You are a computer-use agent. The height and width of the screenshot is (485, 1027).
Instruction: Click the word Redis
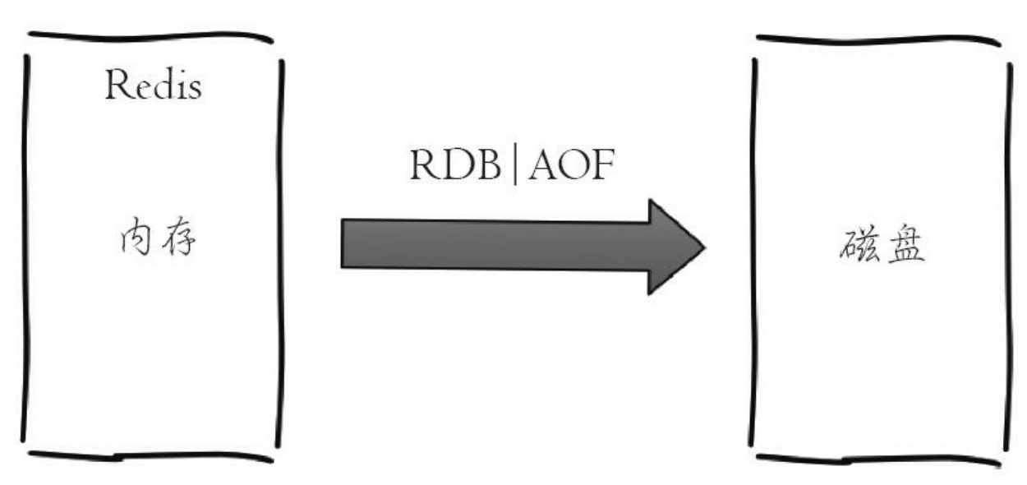(154, 85)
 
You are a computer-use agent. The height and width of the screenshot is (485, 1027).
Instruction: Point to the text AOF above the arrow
(572, 167)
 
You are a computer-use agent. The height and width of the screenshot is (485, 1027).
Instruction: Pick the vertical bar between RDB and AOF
(515, 167)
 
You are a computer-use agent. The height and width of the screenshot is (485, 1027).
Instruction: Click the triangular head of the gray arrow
(674, 246)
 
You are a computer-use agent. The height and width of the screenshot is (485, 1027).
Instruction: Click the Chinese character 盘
(904, 244)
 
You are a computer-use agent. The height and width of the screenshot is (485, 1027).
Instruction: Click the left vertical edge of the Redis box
(25, 247)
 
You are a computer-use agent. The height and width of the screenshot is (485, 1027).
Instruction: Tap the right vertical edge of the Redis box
(282, 247)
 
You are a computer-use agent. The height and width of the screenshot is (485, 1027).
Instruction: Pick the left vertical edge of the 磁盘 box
(752, 247)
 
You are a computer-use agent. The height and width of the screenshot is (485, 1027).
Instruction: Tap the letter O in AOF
(573, 167)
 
